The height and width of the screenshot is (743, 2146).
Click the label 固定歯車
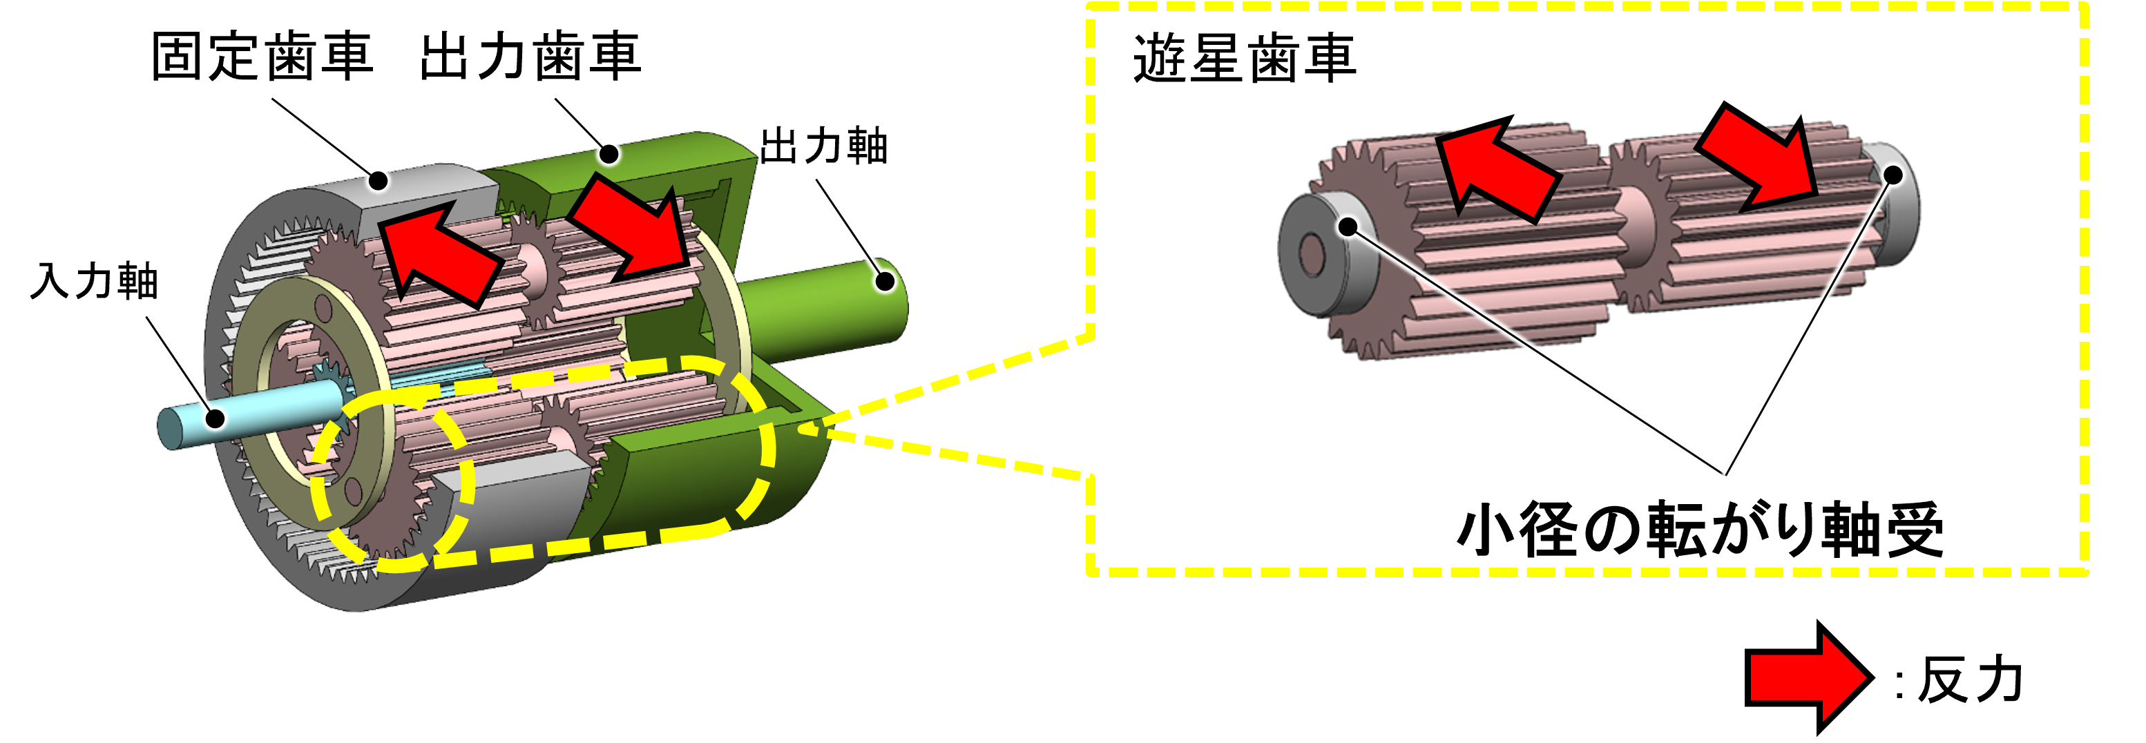(262, 57)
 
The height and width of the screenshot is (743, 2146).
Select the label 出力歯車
(530, 57)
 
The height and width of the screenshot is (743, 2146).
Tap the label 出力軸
(824, 146)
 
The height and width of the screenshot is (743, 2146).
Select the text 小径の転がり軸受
(1701, 530)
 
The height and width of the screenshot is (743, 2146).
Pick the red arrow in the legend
(1808, 677)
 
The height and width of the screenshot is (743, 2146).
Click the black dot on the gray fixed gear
(379, 180)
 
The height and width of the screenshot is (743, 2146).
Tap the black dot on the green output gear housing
(610, 154)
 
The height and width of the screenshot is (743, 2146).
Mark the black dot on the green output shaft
(885, 282)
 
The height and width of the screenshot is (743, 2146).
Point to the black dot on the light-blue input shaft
(215, 418)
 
